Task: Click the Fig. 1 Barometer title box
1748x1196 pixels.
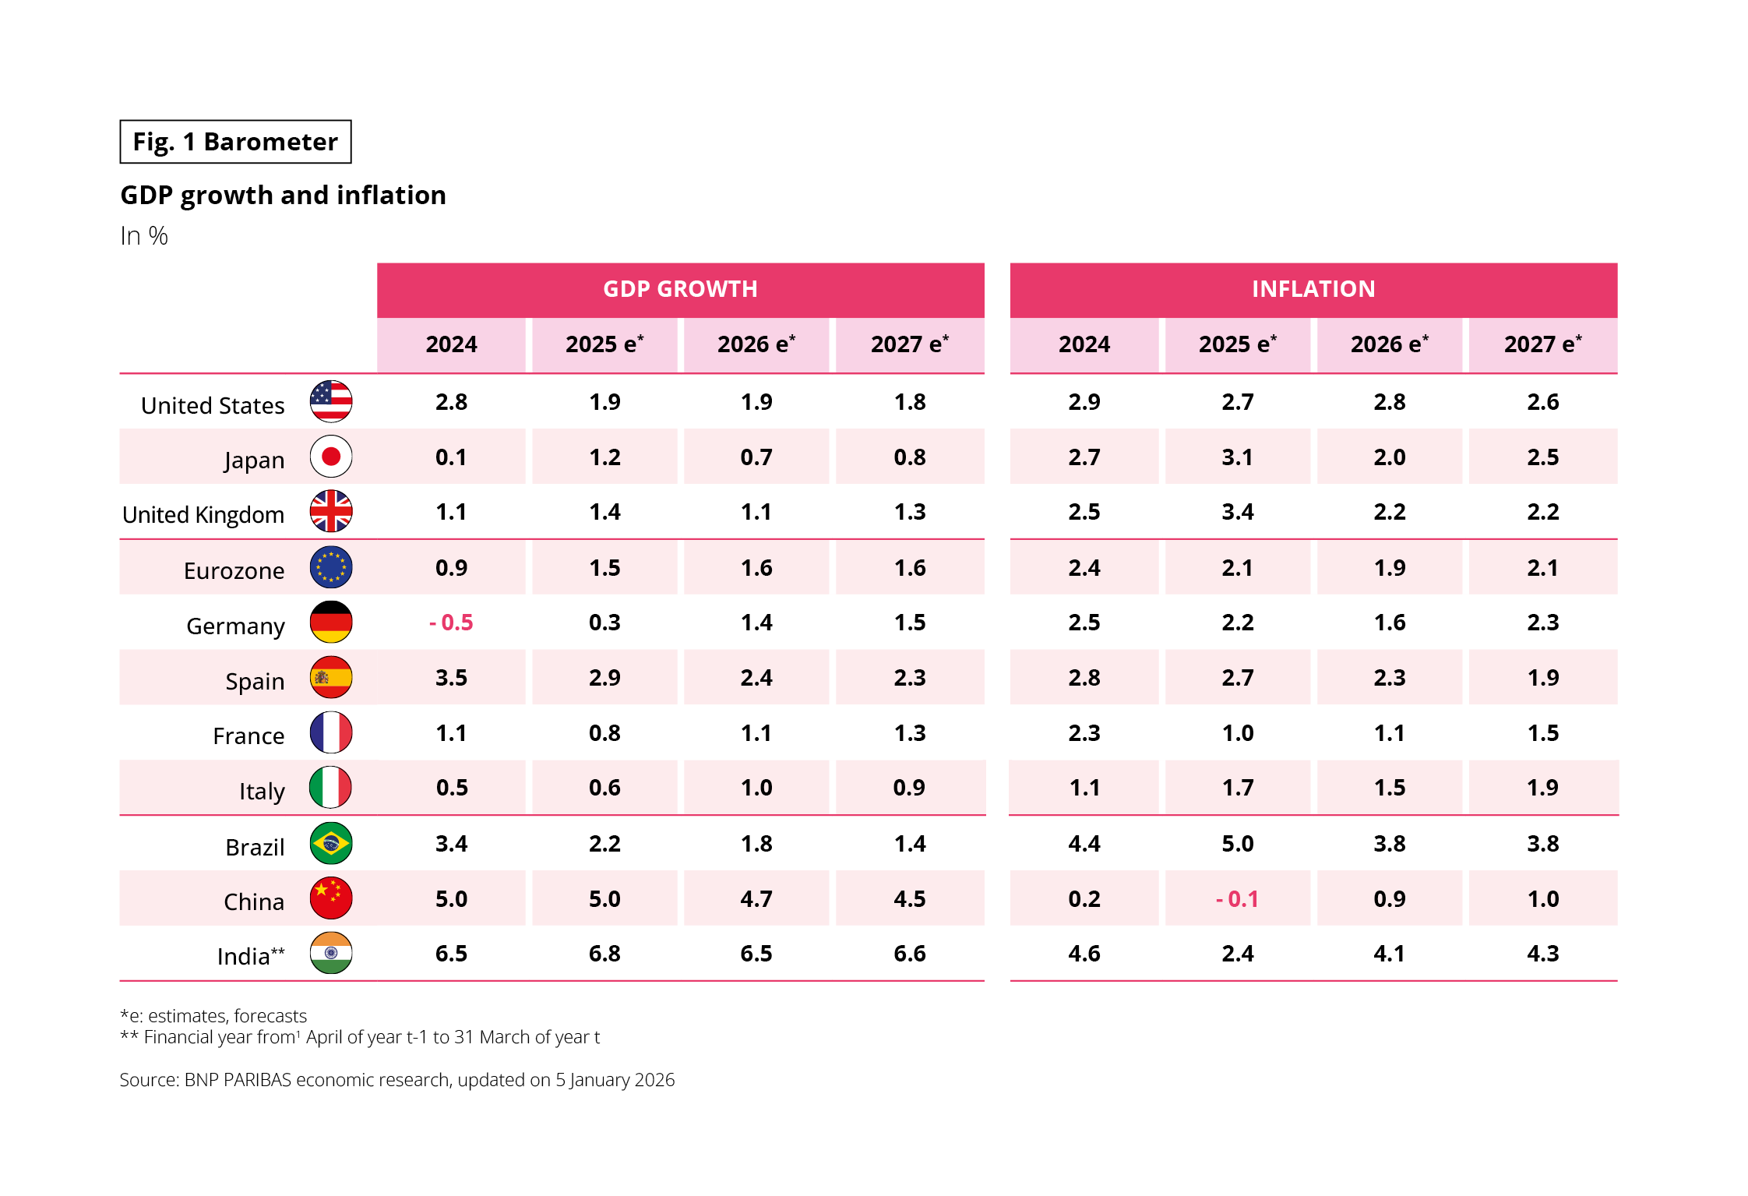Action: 235,142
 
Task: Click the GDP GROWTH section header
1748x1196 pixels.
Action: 680,289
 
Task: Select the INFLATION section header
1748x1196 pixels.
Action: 1313,289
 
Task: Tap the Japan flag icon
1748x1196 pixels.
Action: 331,457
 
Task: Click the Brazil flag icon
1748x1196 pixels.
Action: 331,843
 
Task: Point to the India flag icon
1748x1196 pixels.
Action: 331,953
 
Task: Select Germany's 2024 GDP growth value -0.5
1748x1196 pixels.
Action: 452,623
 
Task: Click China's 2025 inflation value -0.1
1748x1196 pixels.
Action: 1237,899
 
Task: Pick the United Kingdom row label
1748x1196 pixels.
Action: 203,515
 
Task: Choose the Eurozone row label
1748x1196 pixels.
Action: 234,571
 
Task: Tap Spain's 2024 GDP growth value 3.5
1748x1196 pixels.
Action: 452,678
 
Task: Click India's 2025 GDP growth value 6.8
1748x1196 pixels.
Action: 604,954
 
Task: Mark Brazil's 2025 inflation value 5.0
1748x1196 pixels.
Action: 1237,844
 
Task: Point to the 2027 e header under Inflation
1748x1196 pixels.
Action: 1542,344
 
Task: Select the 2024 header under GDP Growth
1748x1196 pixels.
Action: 452,344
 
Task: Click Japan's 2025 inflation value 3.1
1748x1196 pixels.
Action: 1237,457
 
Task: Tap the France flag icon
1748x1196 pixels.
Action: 331,732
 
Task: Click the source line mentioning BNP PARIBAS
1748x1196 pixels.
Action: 396,1080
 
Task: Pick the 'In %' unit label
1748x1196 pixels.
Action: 144,236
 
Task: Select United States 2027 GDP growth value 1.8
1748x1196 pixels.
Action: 910,402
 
